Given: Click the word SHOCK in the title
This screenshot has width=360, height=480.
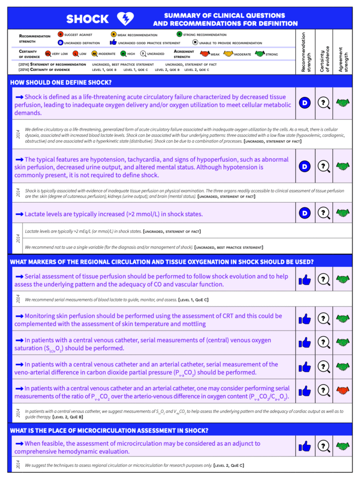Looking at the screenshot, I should pyautogui.click(x=87, y=19).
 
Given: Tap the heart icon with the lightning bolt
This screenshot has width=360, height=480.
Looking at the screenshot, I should pyautogui.click(x=125, y=19).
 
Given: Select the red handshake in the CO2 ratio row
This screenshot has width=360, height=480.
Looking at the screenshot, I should pyautogui.click(x=344, y=390).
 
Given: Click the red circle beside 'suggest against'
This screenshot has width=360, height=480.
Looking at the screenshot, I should pyautogui.click(x=60, y=34).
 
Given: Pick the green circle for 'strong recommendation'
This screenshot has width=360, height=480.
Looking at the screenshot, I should pyautogui.click(x=180, y=34).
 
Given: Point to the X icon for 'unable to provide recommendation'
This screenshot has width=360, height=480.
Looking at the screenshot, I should pyautogui.click(x=195, y=43).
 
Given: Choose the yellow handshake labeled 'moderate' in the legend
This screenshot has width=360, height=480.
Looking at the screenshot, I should pyautogui.click(x=228, y=54).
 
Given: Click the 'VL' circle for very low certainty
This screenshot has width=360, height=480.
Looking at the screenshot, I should pyautogui.click(x=48, y=54).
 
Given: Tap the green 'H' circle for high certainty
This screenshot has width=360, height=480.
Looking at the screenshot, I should pyautogui.click(x=123, y=54).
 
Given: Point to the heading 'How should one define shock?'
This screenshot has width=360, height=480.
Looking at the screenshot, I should pyautogui.click(x=61, y=82).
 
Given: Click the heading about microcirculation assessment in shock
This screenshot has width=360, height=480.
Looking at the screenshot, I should pyautogui.click(x=109, y=430).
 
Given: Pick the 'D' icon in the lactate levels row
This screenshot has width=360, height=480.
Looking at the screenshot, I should pyautogui.click(x=305, y=213).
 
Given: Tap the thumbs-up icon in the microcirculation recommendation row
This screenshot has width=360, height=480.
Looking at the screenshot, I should pyautogui.click(x=305, y=446).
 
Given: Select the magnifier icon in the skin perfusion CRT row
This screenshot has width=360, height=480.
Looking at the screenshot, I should pyautogui.click(x=323, y=319).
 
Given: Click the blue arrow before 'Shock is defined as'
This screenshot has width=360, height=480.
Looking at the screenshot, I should pyautogui.click(x=19, y=96).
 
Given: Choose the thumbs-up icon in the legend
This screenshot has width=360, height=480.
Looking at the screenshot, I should pyautogui.click(x=113, y=43).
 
